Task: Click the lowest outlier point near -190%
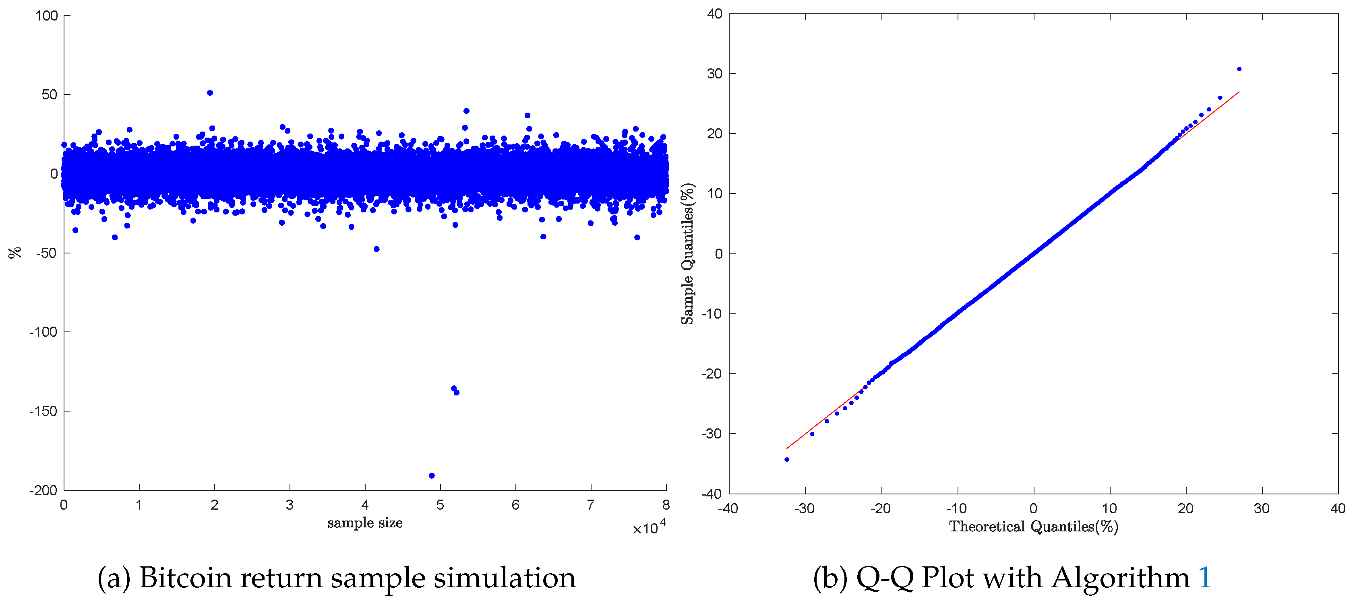[x=432, y=476]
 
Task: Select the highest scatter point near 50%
[x=210, y=93]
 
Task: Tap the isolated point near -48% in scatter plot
[x=377, y=249]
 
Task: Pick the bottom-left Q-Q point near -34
[x=786, y=459]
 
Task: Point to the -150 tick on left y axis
[x=43, y=411]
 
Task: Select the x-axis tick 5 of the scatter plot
[x=440, y=505]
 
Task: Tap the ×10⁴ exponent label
[x=649, y=527]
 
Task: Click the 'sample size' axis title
[x=365, y=523]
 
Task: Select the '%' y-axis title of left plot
[x=15, y=253]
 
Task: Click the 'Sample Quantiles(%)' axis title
[x=688, y=253]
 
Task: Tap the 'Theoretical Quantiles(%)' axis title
[x=1033, y=526]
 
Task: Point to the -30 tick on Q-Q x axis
[x=804, y=508]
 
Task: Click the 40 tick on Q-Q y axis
[x=714, y=14]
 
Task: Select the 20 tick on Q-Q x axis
[x=1185, y=508]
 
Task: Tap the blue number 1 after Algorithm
[x=1204, y=578]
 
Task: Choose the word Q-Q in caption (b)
[x=885, y=578]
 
